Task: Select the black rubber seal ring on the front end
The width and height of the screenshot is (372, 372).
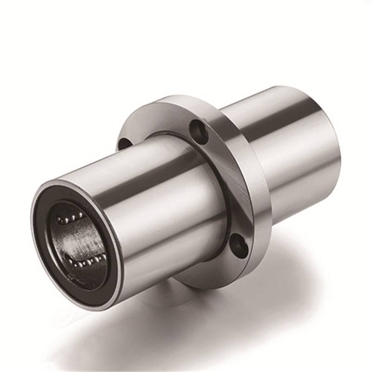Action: tap(45, 242)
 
